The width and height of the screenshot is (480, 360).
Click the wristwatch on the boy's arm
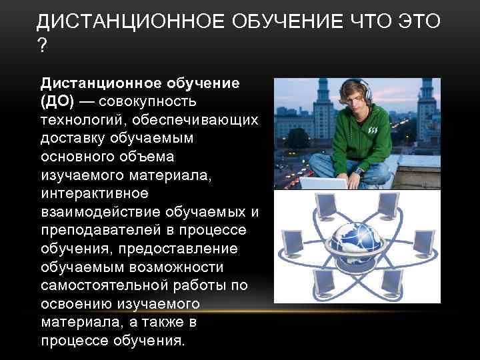[x=359, y=171]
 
